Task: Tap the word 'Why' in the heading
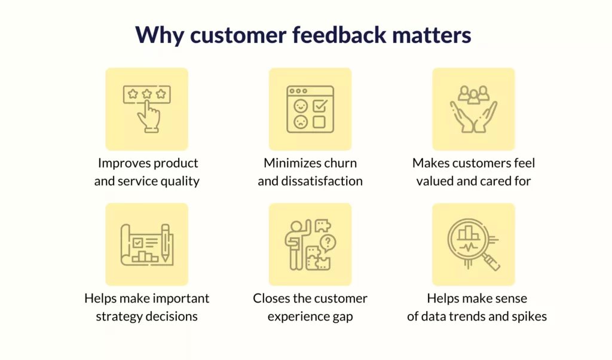coord(159,35)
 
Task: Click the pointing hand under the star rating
coord(149,117)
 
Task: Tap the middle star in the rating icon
coord(147,94)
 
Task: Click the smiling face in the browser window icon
coord(301,106)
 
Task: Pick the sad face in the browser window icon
coord(301,122)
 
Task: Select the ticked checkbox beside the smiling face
coord(320,105)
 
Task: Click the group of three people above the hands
coord(473,95)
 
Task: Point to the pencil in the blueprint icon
coord(165,242)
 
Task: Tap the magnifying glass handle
coord(491,262)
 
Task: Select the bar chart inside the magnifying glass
coord(469,233)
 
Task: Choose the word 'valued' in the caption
coord(434,181)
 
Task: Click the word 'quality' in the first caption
coord(180,182)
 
